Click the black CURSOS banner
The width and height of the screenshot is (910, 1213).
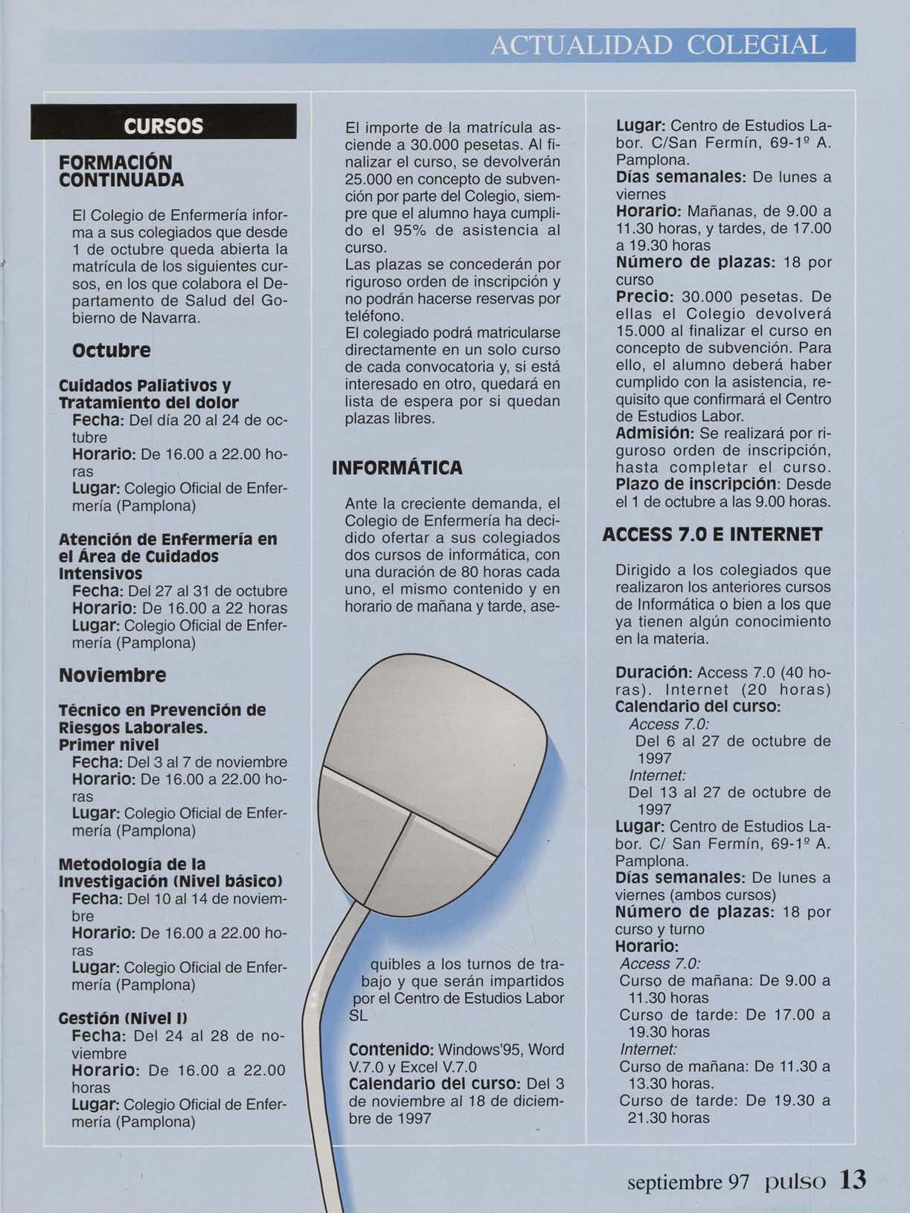point(163,123)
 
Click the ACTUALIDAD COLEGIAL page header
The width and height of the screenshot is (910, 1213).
point(658,45)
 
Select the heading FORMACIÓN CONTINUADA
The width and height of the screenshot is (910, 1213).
point(121,171)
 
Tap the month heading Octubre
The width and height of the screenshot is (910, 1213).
point(111,350)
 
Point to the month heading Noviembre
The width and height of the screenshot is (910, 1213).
point(112,675)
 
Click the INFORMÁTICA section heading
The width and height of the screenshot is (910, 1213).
point(397,469)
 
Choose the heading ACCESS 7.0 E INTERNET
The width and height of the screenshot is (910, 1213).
point(712,535)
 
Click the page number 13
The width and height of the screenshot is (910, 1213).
point(853,1180)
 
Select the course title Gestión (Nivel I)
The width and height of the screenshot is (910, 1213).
point(122,1017)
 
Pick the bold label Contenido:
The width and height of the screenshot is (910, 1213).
point(391,1049)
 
